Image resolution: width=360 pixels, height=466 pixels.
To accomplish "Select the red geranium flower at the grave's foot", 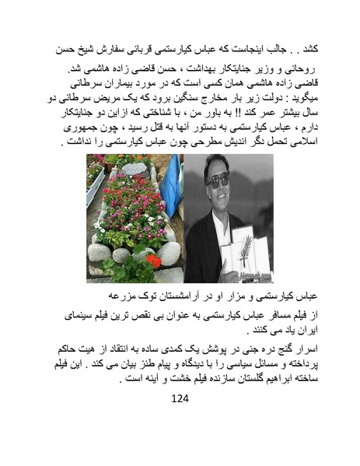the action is tap(152, 261).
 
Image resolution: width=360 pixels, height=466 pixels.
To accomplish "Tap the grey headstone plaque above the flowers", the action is tap(134, 169).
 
